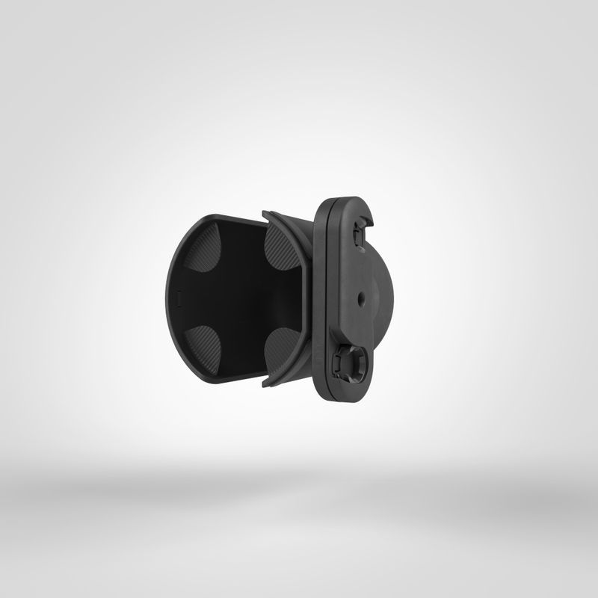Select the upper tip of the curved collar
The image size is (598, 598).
pos(266,215)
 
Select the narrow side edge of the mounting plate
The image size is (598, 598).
pos(319,299)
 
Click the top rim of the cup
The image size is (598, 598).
pos(224,216)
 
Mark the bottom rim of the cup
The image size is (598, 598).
pos(224,380)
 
